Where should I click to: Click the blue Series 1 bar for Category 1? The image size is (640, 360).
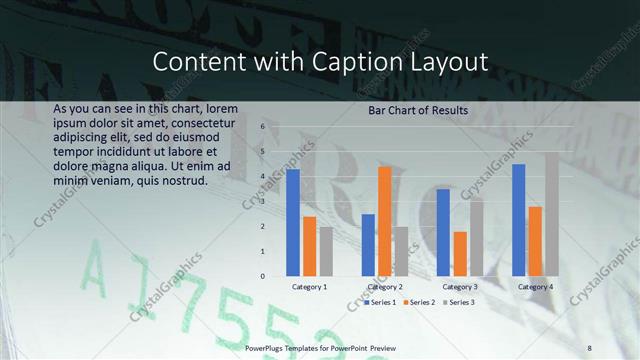(293, 223)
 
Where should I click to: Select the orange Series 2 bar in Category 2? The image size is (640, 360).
(385, 221)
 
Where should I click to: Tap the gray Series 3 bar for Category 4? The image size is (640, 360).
(552, 214)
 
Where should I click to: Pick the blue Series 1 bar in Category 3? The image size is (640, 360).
(443, 232)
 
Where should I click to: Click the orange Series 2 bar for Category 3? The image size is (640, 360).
(460, 254)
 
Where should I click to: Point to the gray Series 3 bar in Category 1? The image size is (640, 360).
(326, 251)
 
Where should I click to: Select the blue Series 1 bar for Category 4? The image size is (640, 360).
(519, 220)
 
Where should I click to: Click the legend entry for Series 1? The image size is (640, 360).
(380, 301)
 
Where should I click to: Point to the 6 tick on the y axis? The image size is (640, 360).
(261, 127)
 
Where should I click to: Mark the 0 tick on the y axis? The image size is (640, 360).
(261, 276)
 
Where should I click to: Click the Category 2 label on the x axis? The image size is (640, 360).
(385, 287)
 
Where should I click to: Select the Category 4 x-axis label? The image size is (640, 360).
(535, 287)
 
